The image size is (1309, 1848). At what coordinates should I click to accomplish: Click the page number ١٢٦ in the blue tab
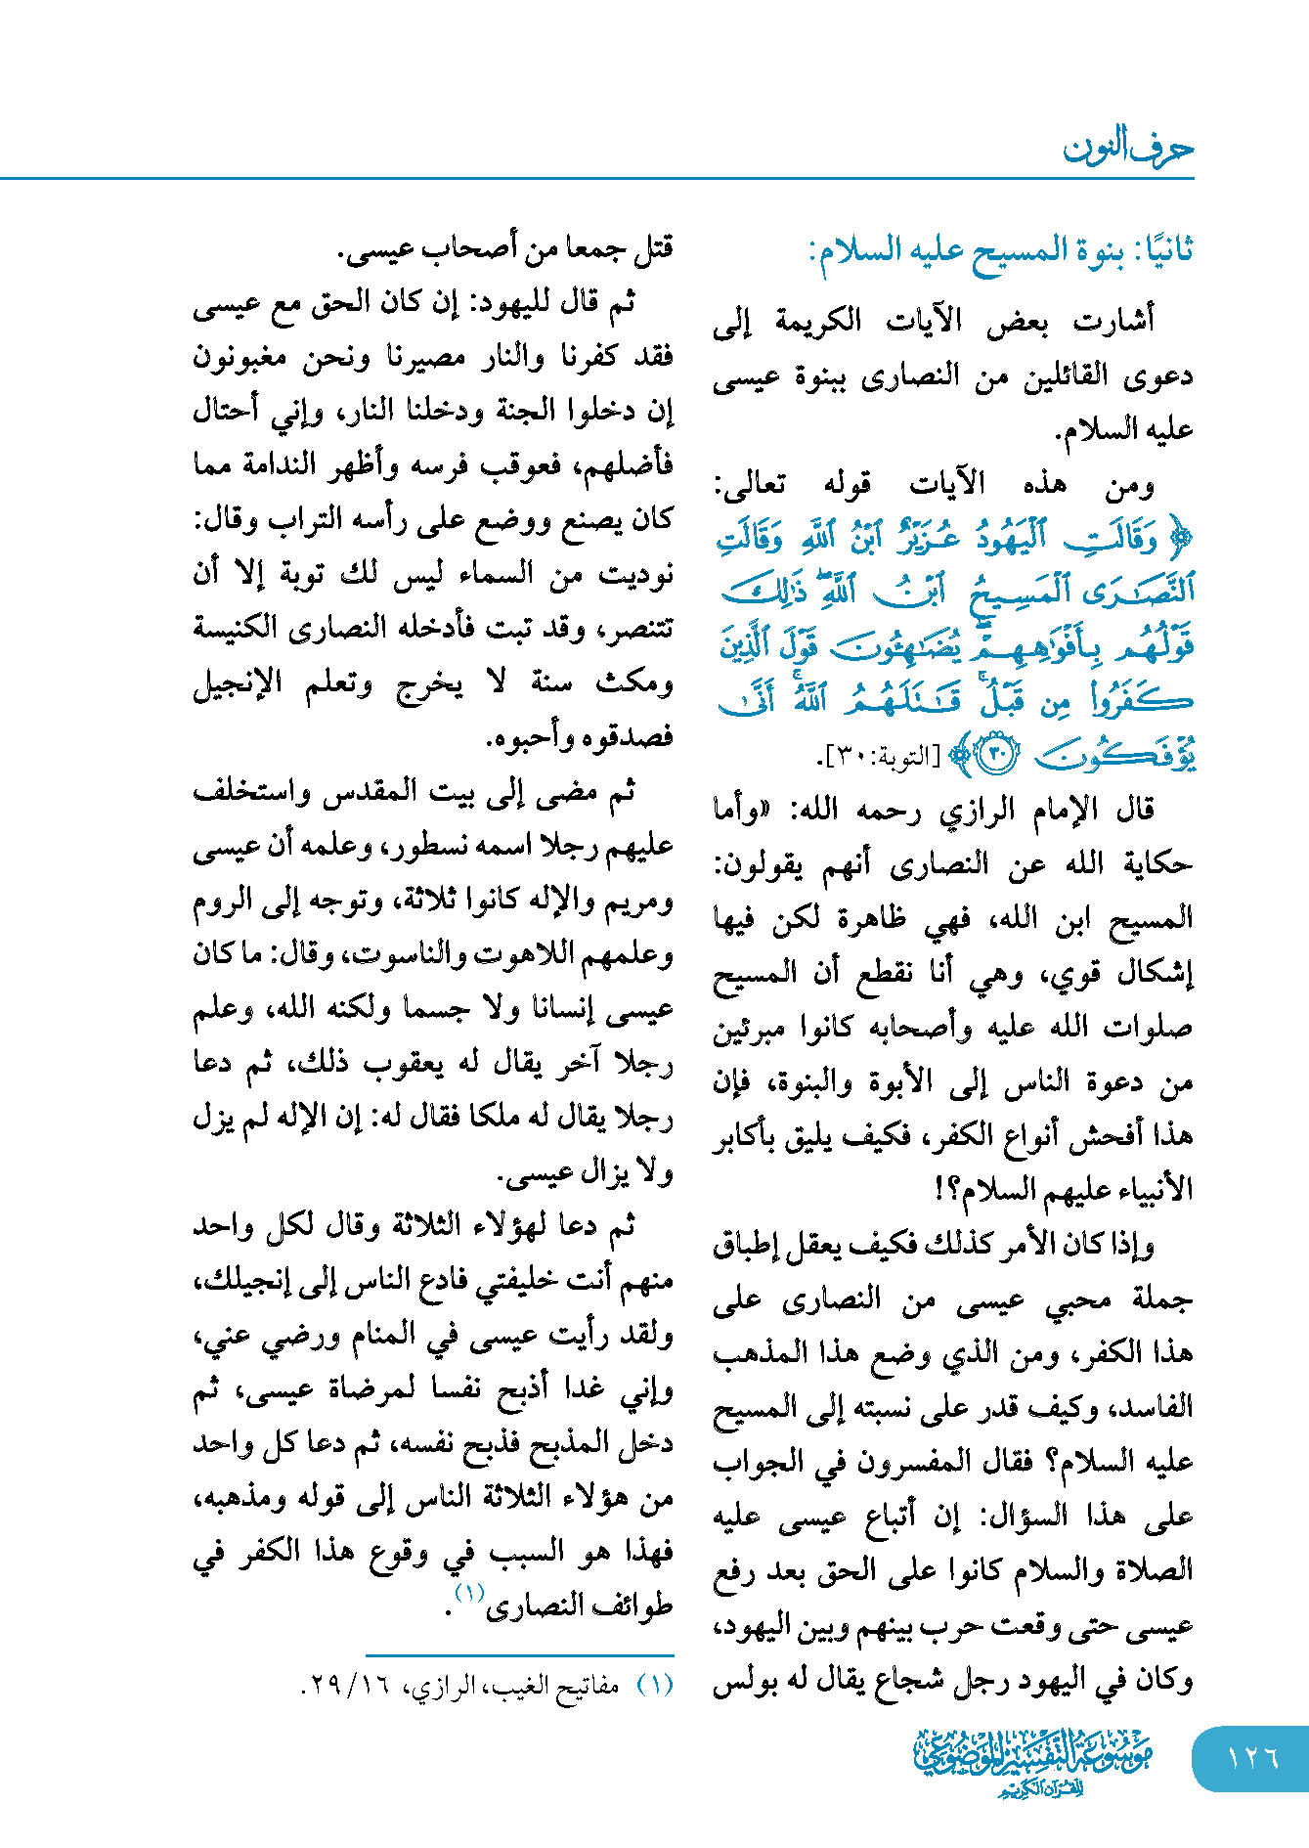[x=1252, y=1757]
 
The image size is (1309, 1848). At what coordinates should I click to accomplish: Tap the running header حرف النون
[x=1128, y=149]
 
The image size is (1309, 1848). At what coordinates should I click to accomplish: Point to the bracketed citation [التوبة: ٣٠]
[x=879, y=757]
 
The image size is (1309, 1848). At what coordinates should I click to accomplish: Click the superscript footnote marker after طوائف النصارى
[x=469, y=1592]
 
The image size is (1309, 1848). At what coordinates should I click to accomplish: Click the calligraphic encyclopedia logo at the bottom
[x=1032, y=1759]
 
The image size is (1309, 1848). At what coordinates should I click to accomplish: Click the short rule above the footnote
[x=519, y=1655]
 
